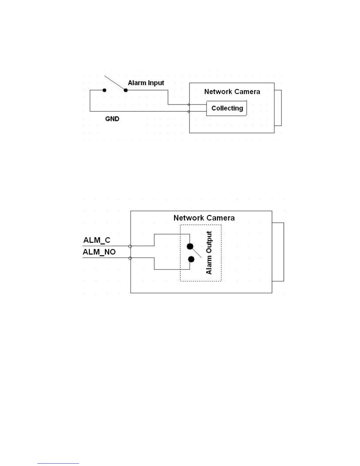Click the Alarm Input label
[x=146, y=83]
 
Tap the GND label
[x=112, y=119]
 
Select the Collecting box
[x=226, y=108]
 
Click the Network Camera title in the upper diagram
[x=232, y=92]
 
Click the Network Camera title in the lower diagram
[x=204, y=218]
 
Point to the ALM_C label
[x=97, y=240]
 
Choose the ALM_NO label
[x=99, y=252]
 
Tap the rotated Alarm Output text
[x=209, y=253]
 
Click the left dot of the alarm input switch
[x=104, y=90]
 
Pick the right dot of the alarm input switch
[x=126, y=90]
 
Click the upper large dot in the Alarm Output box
[x=190, y=246]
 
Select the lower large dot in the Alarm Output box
[x=191, y=259]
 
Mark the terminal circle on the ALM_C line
[x=130, y=246]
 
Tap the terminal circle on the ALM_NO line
[x=130, y=258]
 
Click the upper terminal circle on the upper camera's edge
[x=189, y=104]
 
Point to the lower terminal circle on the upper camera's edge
[x=189, y=111]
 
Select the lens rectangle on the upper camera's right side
[x=278, y=108]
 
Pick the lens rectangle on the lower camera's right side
[x=278, y=252]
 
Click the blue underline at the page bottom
[x=58, y=463]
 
